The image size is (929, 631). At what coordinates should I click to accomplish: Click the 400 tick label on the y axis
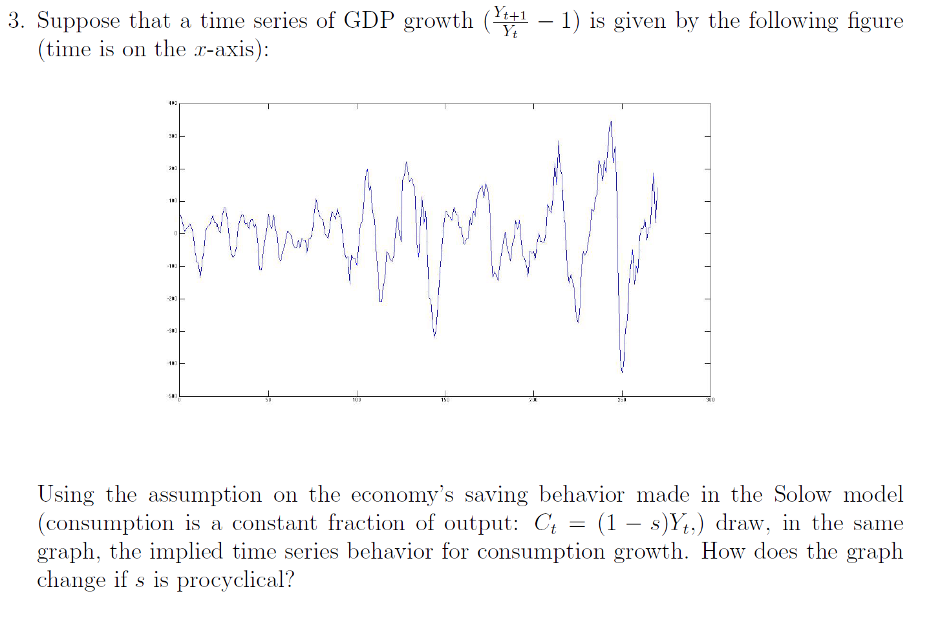tap(172, 103)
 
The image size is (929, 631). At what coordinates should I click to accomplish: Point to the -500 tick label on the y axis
tap(171, 396)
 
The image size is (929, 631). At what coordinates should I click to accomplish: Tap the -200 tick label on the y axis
tap(171, 299)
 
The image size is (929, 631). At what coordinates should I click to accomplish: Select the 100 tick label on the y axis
tap(172, 201)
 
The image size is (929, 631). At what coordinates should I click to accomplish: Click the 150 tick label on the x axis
tap(445, 400)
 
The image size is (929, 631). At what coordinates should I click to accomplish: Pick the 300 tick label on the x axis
tap(710, 400)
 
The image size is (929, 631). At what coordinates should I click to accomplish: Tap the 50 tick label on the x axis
tap(268, 400)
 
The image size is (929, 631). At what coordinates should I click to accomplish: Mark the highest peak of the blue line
tap(610, 121)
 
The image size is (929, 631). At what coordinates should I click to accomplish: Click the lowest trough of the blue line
tap(622, 372)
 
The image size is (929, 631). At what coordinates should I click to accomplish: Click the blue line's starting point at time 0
tap(180, 215)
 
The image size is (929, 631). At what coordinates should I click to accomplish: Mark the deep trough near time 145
tap(434, 336)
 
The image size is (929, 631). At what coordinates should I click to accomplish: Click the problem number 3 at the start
tap(16, 21)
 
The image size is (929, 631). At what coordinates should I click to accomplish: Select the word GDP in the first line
tap(368, 21)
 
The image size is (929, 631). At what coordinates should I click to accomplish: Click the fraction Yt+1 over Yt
tap(510, 21)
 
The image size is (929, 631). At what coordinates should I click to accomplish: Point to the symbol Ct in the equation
tap(544, 524)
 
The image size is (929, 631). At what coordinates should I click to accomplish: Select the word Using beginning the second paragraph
tap(65, 495)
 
